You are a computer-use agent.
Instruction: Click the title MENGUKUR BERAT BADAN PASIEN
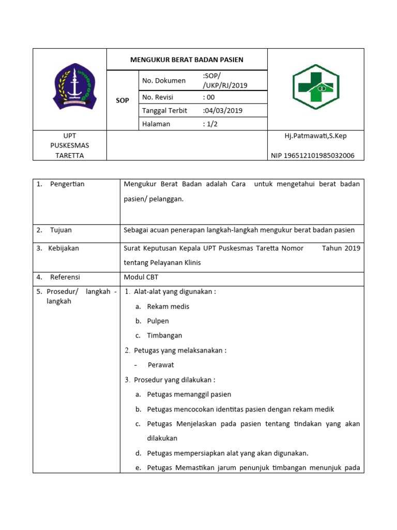tap(187, 60)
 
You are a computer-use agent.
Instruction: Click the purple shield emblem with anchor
tap(75, 89)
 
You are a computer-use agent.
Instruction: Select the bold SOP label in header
tap(122, 100)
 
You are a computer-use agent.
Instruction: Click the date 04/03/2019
tap(223, 110)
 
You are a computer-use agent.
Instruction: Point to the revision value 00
tap(210, 97)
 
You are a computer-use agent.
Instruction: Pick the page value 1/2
tap(211, 124)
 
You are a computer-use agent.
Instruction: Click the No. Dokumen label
tap(163, 80)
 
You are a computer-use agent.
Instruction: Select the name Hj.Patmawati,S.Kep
tap(316, 136)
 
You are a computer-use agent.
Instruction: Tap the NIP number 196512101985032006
tap(313, 155)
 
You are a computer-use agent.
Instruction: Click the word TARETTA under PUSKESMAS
tap(70, 155)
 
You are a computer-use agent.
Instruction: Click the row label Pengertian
tap(67, 184)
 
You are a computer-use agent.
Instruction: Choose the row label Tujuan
tap(61, 230)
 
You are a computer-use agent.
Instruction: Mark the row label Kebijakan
tap(64, 248)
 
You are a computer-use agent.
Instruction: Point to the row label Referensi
tap(65, 277)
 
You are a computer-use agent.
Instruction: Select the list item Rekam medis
tap(168, 306)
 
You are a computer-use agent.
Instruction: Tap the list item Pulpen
tap(158, 321)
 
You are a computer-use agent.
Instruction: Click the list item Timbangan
tap(164, 335)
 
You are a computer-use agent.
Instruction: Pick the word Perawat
tap(161, 365)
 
